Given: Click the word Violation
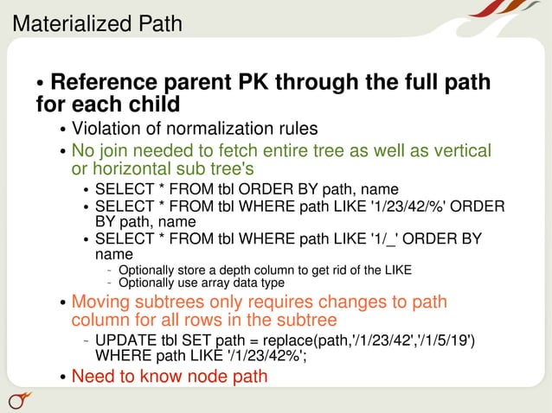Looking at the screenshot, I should [106, 129].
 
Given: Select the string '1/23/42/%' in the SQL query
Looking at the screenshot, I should [401, 206].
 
